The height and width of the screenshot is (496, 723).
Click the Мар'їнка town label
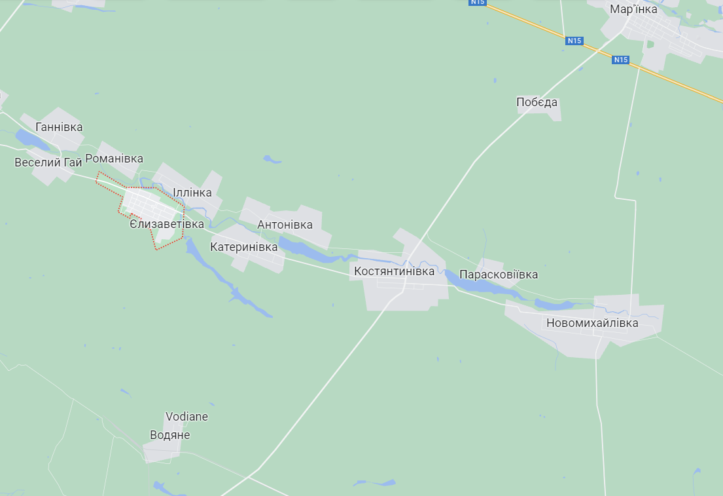click(x=633, y=9)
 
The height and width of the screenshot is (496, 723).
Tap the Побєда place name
click(x=537, y=102)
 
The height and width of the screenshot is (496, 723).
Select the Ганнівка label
click(x=60, y=127)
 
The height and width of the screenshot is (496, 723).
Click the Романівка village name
click(x=114, y=159)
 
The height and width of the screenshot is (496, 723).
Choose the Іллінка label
click(x=192, y=193)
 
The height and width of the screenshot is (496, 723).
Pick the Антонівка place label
click(x=285, y=225)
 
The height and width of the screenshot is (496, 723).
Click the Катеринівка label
click(x=243, y=247)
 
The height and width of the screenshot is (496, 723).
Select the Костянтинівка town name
click(x=394, y=271)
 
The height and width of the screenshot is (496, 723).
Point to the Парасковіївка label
click(x=499, y=275)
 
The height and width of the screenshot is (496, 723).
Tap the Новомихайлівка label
click(x=592, y=323)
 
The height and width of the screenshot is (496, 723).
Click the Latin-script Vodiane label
click(x=186, y=417)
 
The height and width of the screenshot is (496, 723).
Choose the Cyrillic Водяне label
click(x=170, y=435)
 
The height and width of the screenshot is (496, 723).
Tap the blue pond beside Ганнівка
click(x=28, y=138)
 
